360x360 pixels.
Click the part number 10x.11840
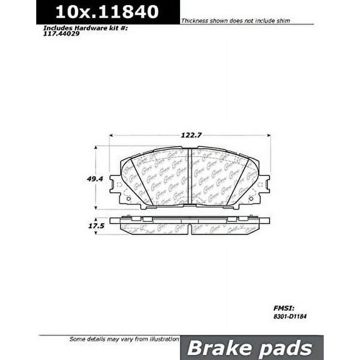tap(106, 11)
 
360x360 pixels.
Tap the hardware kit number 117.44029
tap(62, 34)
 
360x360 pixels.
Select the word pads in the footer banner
tap(288, 348)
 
